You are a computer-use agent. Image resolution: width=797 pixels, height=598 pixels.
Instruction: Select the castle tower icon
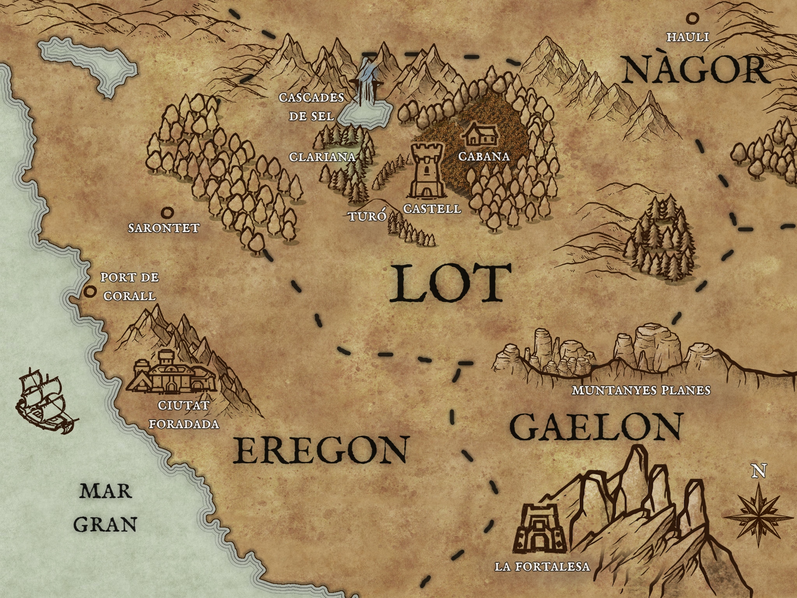pyautogui.click(x=427, y=171)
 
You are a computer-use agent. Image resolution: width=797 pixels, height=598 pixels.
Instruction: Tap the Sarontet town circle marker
pyautogui.click(x=168, y=213)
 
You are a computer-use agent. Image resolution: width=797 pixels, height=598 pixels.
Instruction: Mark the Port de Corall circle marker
pyautogui.click(x=91, y=291)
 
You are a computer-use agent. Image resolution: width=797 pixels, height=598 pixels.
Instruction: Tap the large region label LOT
pyautogui.click(x=450, y=283)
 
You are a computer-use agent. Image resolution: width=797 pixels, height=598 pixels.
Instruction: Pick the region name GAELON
pyautogui.click(x=596, y=427)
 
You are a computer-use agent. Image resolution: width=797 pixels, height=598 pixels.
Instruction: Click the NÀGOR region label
pyautogui.click(x=696, y=70)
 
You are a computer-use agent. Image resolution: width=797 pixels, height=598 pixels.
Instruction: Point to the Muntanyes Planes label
pyautogui.click(x=641, y=390)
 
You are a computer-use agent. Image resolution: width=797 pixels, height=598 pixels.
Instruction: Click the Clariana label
pyautogui.click(x=322, y=157)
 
